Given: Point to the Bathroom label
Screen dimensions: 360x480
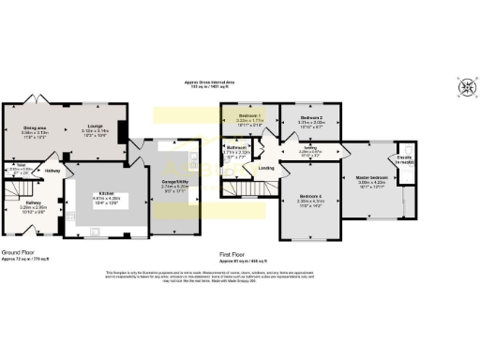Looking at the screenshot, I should pos(235,147).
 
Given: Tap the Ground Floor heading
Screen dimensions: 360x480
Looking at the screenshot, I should pos(21,252).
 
